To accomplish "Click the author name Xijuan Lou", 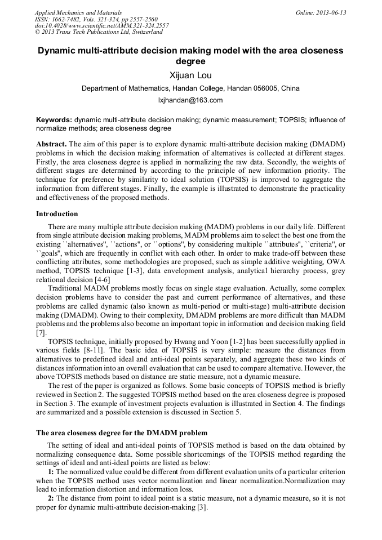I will [190, 75].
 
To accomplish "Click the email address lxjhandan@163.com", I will [190, 100].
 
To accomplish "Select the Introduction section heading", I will [57, 214].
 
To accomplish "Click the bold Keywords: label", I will [54, 120].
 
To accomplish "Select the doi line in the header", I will [101, 25].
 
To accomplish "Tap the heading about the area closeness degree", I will [122, 434].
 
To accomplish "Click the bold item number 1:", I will [51, 471].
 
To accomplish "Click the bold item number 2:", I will [51, 499].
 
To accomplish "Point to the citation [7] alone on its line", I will [41, 333].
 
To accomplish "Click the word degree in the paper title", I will [190, 61].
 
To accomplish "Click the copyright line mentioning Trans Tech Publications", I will [99, 32].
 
